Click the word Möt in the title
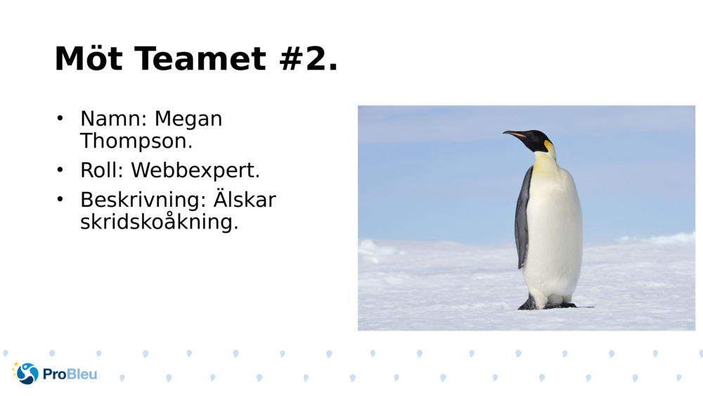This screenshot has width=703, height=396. pos(88,59)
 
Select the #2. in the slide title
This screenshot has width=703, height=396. pos(309,59)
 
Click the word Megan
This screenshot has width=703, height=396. pos(188,119)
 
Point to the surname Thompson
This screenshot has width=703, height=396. pos(136,141)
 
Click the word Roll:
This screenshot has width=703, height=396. pos(102,170)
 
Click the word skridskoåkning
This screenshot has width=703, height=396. pos(159,223)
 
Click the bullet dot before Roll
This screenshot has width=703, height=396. pos(60,170)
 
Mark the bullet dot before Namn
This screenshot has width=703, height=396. pos(60,117)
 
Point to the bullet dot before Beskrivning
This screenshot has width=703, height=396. pos(60,199)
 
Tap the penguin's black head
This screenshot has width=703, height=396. pos(537,140)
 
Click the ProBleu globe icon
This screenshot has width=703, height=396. pos(27,373)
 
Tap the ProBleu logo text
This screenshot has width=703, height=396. pos(70,374)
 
